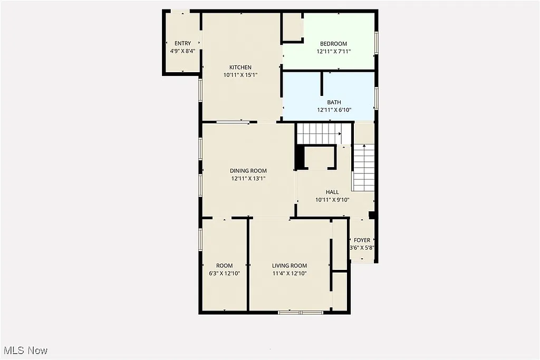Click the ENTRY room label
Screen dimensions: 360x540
point(182,43)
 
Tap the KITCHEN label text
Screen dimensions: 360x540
point(240,67)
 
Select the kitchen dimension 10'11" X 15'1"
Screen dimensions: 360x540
point(240,75)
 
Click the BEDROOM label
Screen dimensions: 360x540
point(333,43)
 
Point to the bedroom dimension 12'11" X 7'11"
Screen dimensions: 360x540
point(333,52)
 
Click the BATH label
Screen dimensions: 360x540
point(333,102)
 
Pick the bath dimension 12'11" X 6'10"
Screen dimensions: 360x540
point(333,110)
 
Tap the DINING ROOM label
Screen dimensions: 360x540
point(248,170)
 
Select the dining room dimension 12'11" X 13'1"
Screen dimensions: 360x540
point(248,179)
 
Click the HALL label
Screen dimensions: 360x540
point(332,192)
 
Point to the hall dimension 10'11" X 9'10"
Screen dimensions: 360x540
point(332,200)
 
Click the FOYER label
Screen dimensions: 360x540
point(362,240)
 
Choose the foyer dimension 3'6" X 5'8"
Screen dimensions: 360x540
point(362,248)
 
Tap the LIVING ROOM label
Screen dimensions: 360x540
point(289,266)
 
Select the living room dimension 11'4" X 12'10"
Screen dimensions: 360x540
point(289,274)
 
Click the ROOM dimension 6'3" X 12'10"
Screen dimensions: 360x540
point(224,274)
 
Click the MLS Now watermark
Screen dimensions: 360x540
point(25,351)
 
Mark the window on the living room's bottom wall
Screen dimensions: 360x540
point(300,313)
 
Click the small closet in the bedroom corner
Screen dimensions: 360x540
point(292,27)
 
